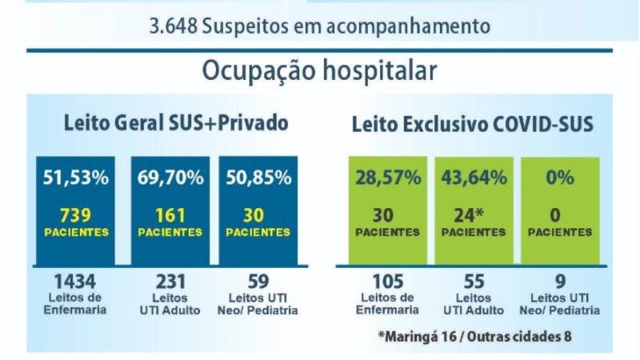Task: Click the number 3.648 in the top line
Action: coord(174,26)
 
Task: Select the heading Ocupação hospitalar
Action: coord(319,71)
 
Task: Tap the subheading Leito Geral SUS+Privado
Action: coord(176,123)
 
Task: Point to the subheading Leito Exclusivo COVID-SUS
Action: coord(472,124)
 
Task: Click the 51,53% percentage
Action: coord(76,178)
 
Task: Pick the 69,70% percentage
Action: coord(170,178)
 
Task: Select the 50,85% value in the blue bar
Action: coord(258,178)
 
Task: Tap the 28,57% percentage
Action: coord(388,178)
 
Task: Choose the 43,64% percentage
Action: coord(474,178)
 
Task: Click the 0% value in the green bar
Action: coord(560,178)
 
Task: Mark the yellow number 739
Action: coord(75,215)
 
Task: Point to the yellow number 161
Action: coord(170,215)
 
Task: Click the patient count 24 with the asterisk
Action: coord(469,215)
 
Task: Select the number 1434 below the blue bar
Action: coord(75,282)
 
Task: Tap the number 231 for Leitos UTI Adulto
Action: coord(170,282)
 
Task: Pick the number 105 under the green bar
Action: coord(388,282)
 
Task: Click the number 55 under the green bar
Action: coord(474,282)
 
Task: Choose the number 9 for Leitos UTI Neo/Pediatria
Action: coord(561,282)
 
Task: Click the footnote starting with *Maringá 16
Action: coord(474,337)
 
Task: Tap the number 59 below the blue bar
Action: coord(258,282)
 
